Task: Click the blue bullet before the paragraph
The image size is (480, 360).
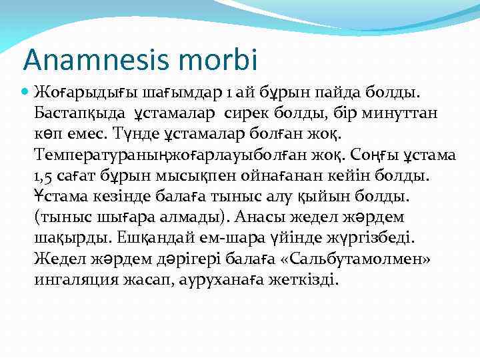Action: (25, 89)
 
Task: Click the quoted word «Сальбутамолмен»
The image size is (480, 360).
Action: (373, 259)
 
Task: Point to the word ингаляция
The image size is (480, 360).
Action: (75, 279)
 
